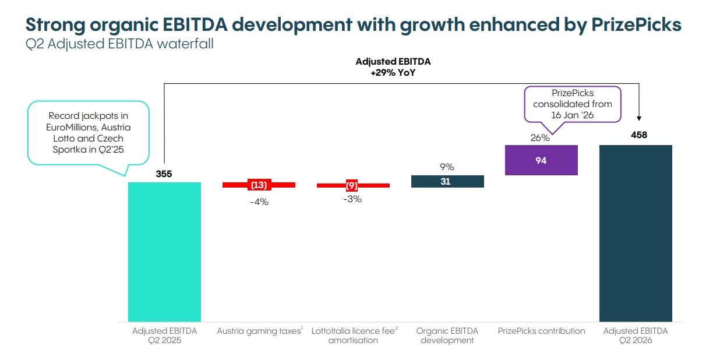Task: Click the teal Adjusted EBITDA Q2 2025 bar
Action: (164, 252)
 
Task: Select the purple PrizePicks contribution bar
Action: (541, 160)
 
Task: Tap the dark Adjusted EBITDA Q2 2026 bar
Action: (636, 233)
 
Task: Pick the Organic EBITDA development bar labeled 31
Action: (447, 182)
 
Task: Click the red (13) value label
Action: (259, 185)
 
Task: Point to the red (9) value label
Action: (352, 185)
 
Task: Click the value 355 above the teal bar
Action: (164, 174)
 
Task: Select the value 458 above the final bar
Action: (639, 135)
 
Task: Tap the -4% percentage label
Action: (259, 202)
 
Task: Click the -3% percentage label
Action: (352, 199)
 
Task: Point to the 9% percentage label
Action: (447, 167)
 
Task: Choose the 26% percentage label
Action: (540, 137)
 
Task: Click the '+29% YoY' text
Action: (393, 73)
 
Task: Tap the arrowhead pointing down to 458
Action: (639, 118)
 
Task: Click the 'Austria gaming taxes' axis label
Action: (259, 331)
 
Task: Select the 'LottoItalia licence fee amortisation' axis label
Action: (354, 336)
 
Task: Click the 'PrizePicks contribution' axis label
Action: (541, 331)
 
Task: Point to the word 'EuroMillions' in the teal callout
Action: (68, 128)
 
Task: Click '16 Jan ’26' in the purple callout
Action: (573, 115)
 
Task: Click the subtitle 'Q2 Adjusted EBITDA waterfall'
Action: (119, 44)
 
